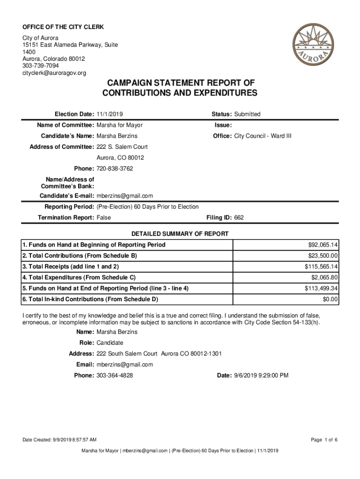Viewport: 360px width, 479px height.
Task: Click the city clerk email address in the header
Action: (x=54, y=73)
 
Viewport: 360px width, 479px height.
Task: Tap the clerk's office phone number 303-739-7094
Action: (x=41, y=66)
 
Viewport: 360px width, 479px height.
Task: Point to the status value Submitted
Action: (x=247, y=114)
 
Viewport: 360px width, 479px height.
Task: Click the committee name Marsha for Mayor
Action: (x=120, y=125)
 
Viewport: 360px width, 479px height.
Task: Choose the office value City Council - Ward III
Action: (x=263, y=136)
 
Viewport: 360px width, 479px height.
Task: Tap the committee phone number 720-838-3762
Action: (x=115, y=168)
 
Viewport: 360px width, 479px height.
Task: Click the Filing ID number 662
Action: (x=239, y=218)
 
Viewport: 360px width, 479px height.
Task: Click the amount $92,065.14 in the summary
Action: (x=323, y=245)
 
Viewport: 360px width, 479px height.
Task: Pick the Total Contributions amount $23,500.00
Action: (x=323, y=255)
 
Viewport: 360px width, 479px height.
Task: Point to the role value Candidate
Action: (x=110, y=343)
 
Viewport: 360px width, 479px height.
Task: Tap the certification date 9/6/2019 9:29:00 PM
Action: (x=260, y=375)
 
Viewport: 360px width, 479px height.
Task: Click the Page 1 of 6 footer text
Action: (x=324, y=440)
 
